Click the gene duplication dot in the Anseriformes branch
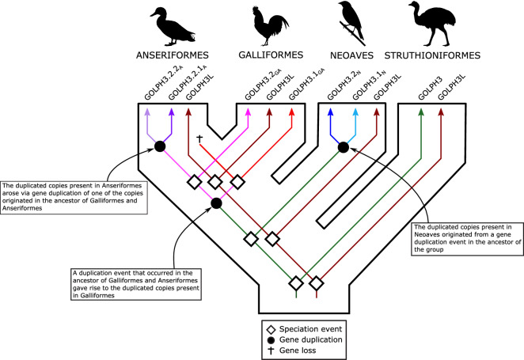pos(161,146)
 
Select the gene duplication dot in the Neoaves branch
pos(343,147)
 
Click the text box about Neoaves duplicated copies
pos(467,237)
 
